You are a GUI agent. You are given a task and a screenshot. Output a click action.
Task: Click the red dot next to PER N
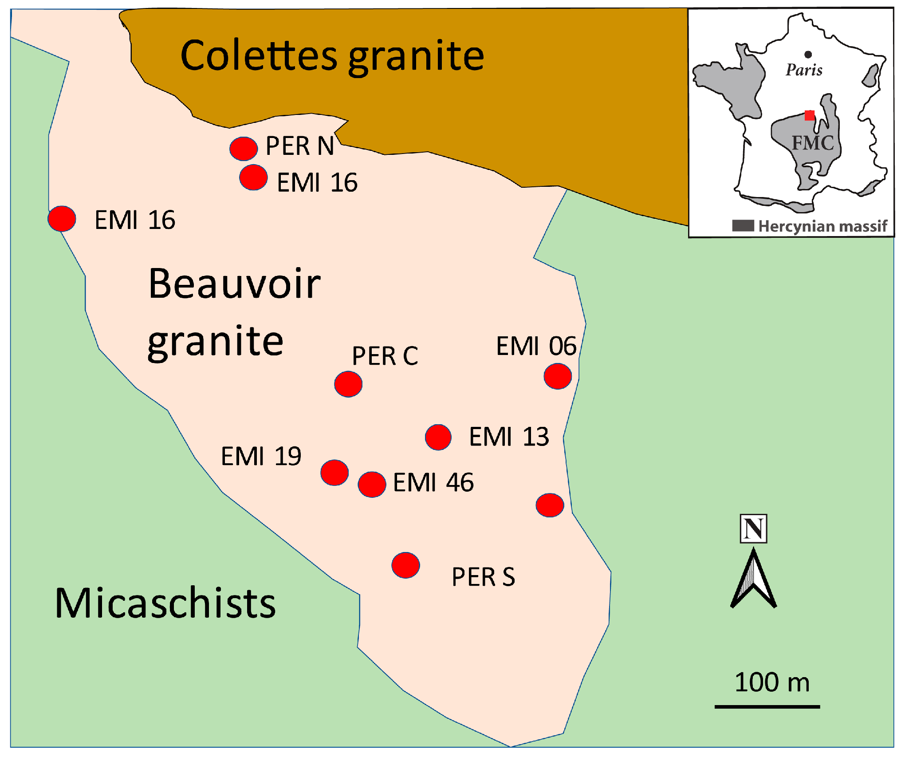[244, 149]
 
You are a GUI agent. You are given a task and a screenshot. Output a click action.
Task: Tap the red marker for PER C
[348, 384]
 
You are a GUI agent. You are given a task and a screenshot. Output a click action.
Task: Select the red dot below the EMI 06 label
[558, 376]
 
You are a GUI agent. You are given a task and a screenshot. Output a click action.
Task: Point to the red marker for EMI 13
[438, 437]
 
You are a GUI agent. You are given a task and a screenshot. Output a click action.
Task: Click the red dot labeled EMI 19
[334, 473]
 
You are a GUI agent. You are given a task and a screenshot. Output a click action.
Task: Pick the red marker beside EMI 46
[372, 484]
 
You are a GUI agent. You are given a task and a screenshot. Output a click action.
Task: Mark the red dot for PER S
[405, 565]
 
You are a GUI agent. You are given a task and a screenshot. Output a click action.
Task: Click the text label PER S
[483, 577]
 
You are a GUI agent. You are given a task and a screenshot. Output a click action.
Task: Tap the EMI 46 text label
[433, 483]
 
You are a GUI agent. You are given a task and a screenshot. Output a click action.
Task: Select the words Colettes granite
[332, 56]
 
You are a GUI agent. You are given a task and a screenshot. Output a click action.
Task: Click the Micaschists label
[165, 603]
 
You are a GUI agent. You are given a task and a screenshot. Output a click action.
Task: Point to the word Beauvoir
[234, 284]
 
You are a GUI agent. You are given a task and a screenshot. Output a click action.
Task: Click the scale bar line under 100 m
[767, 706]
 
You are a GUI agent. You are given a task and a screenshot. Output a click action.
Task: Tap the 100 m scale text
[772, 682]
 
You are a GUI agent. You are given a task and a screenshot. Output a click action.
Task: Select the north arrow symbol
[753, 579]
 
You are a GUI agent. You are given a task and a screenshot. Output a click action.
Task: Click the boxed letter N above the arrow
[753, 528]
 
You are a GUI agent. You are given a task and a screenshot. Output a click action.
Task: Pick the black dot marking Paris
[808, 55]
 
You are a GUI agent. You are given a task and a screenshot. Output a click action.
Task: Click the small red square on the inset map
[809, 115]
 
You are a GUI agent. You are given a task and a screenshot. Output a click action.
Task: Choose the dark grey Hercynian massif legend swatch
[743, 226]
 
